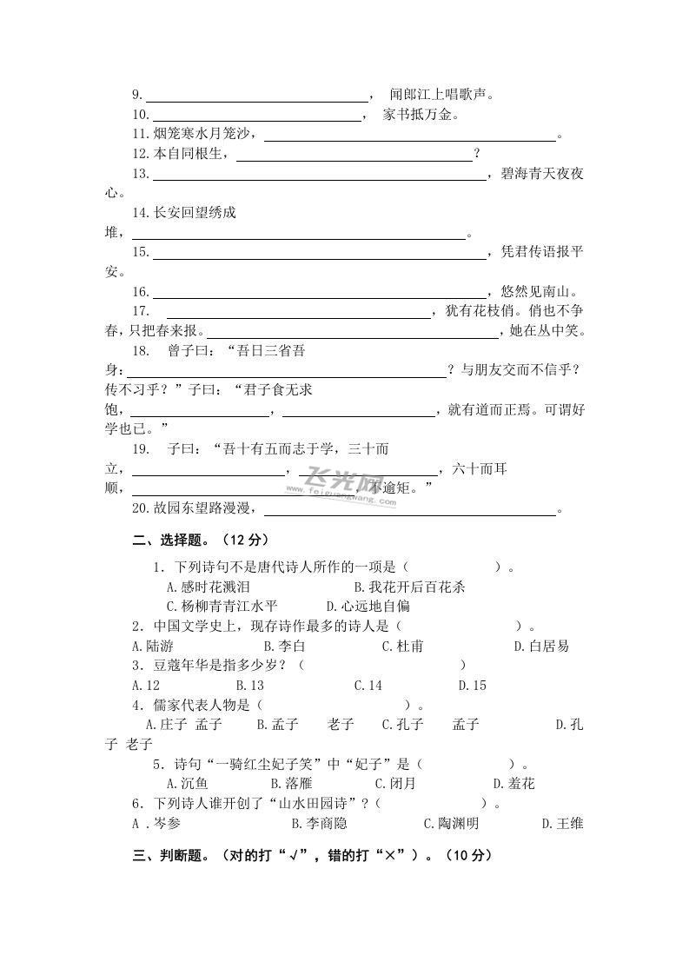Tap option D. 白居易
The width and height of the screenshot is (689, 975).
pos(541,646)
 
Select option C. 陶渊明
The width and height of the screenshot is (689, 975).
pos(451,823)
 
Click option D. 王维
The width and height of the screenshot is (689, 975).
pos(562,823)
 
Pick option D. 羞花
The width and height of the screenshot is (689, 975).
pos(513,783)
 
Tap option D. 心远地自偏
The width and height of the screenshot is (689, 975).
pos(368,606)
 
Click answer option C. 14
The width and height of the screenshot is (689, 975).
pos(368,685)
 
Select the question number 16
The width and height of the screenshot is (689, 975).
pos(141,292)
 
